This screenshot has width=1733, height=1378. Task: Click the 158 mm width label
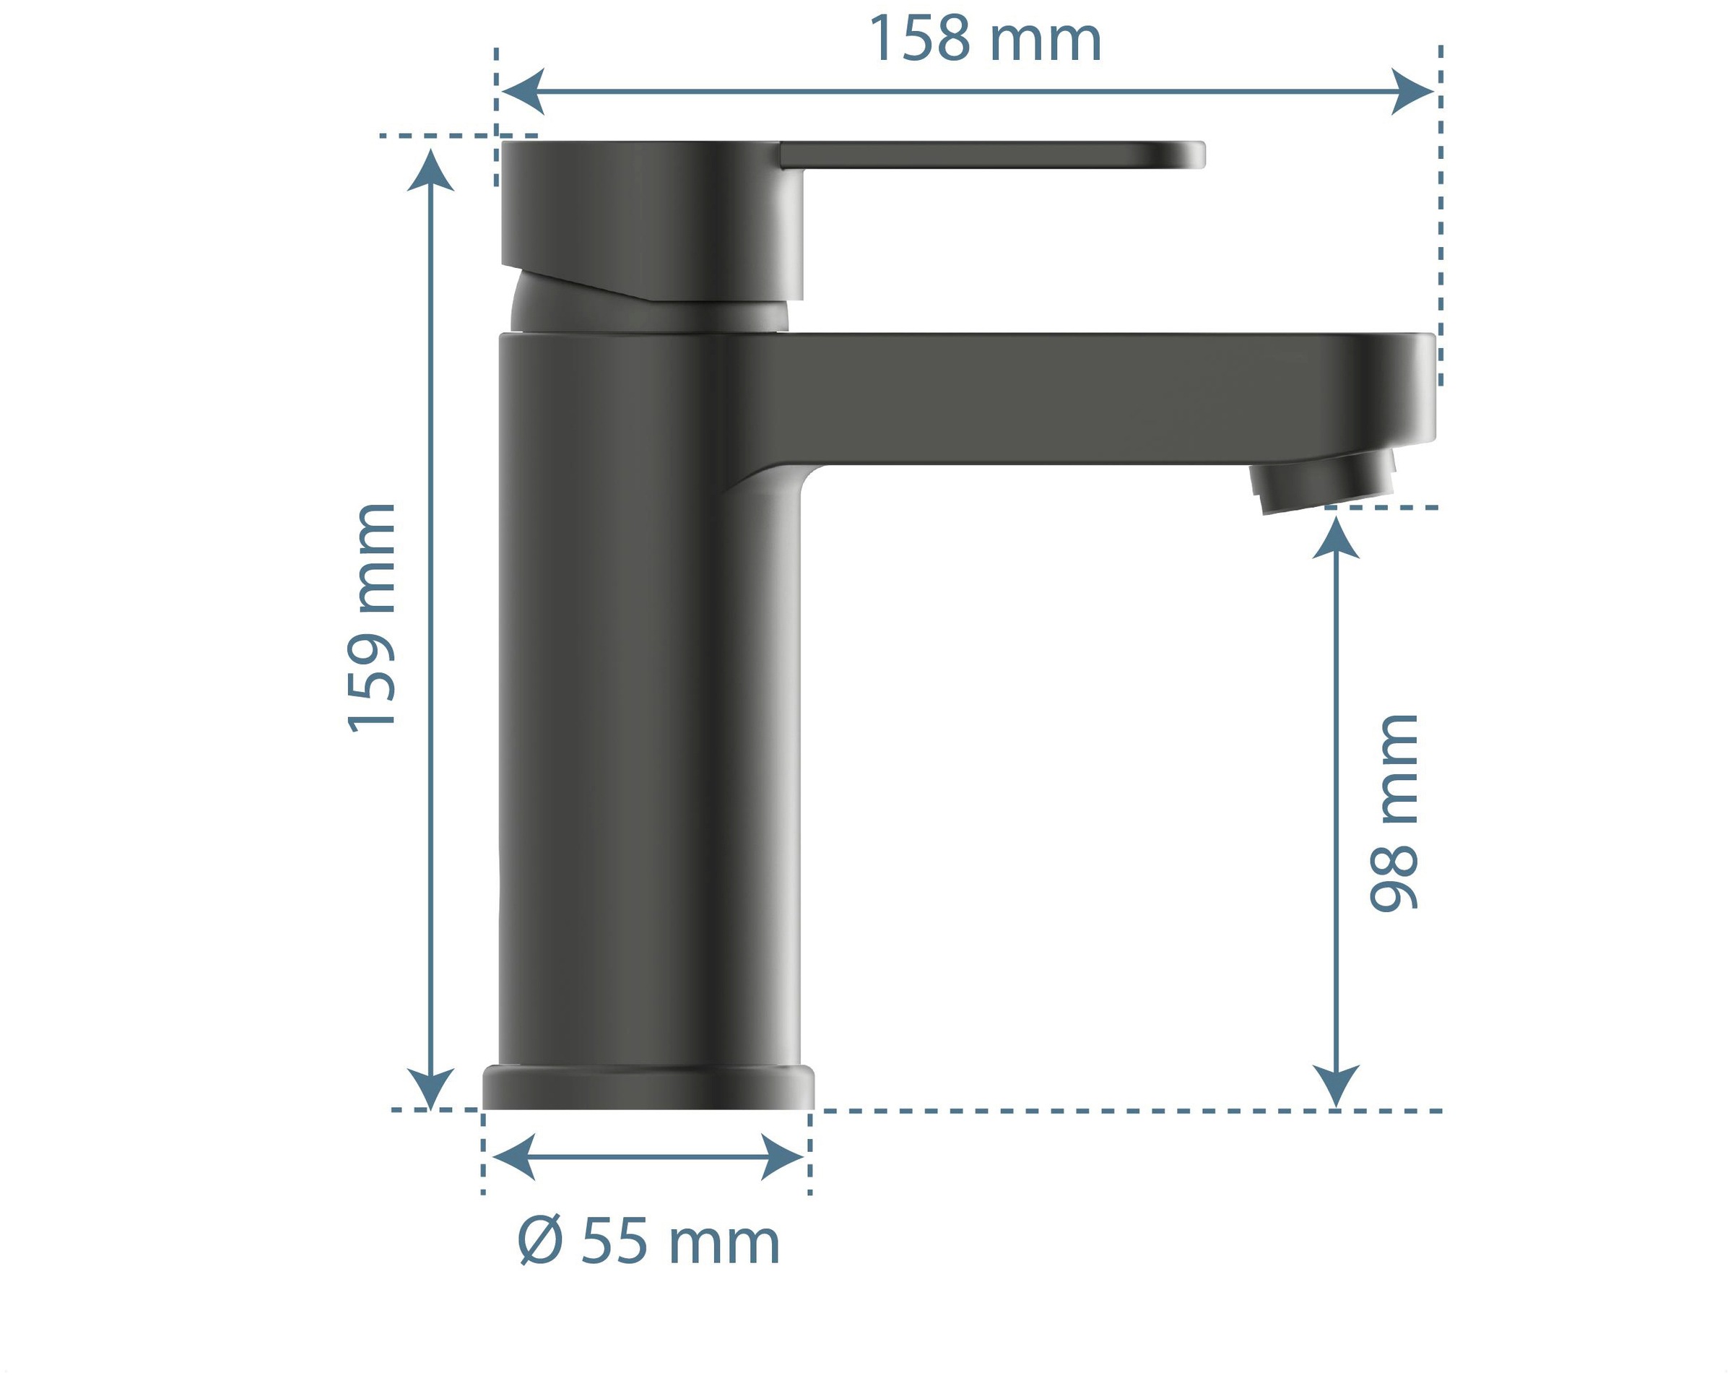tap(985, 38)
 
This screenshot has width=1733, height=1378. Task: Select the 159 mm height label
tap(371, 617)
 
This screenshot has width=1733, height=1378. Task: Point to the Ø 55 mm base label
tap(648, 1242)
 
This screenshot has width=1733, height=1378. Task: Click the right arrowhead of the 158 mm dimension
tap(1413, 92)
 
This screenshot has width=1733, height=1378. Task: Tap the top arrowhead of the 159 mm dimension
tap(431, 170)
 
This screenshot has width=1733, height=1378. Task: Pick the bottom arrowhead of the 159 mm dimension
tap(431, 1088)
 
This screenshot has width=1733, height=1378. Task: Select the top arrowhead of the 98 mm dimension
tap(1336, 538)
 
